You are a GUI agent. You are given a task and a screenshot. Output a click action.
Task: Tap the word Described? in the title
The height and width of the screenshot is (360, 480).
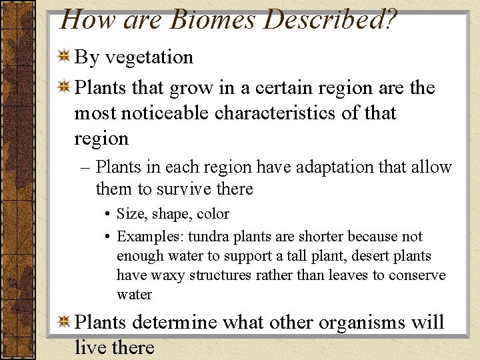[331, 20]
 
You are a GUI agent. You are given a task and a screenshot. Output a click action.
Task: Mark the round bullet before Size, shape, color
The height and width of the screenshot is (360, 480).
[107, 215]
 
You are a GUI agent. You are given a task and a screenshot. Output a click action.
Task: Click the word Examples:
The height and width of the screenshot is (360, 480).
[151, 237]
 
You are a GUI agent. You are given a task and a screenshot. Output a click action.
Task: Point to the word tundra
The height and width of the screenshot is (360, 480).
[209, 237]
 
